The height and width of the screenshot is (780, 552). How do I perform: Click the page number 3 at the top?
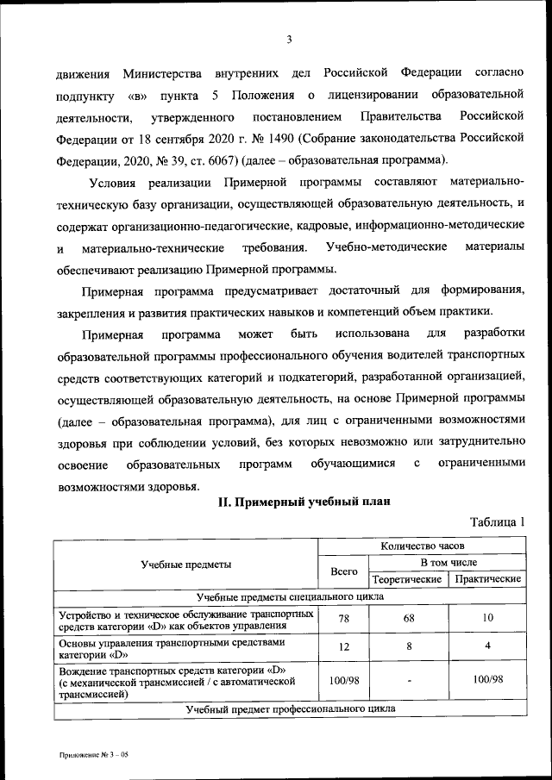[290, 39]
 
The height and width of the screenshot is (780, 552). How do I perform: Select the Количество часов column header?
[422, 546]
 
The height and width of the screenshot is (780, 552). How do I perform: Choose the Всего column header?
[343, 571]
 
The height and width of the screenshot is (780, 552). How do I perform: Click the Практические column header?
[487, 579]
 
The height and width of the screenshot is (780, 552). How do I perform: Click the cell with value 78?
[343, 619]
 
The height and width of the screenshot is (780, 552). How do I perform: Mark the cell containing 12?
[343, 646]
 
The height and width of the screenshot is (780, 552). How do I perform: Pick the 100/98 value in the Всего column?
[343, 680]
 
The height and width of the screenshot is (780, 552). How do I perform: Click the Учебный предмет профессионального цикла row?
[290, 709]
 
